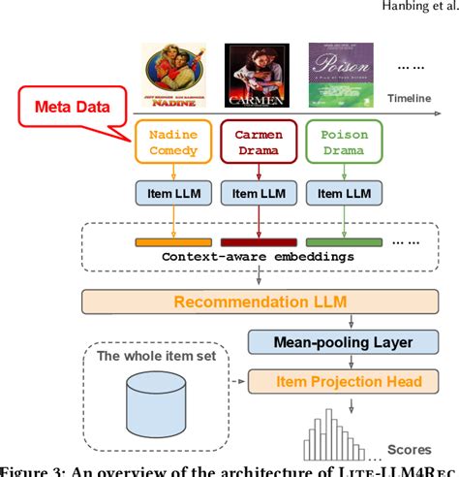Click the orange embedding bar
pos(173,241)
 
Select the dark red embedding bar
pos(257,241)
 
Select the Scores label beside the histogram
pos(410,449)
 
